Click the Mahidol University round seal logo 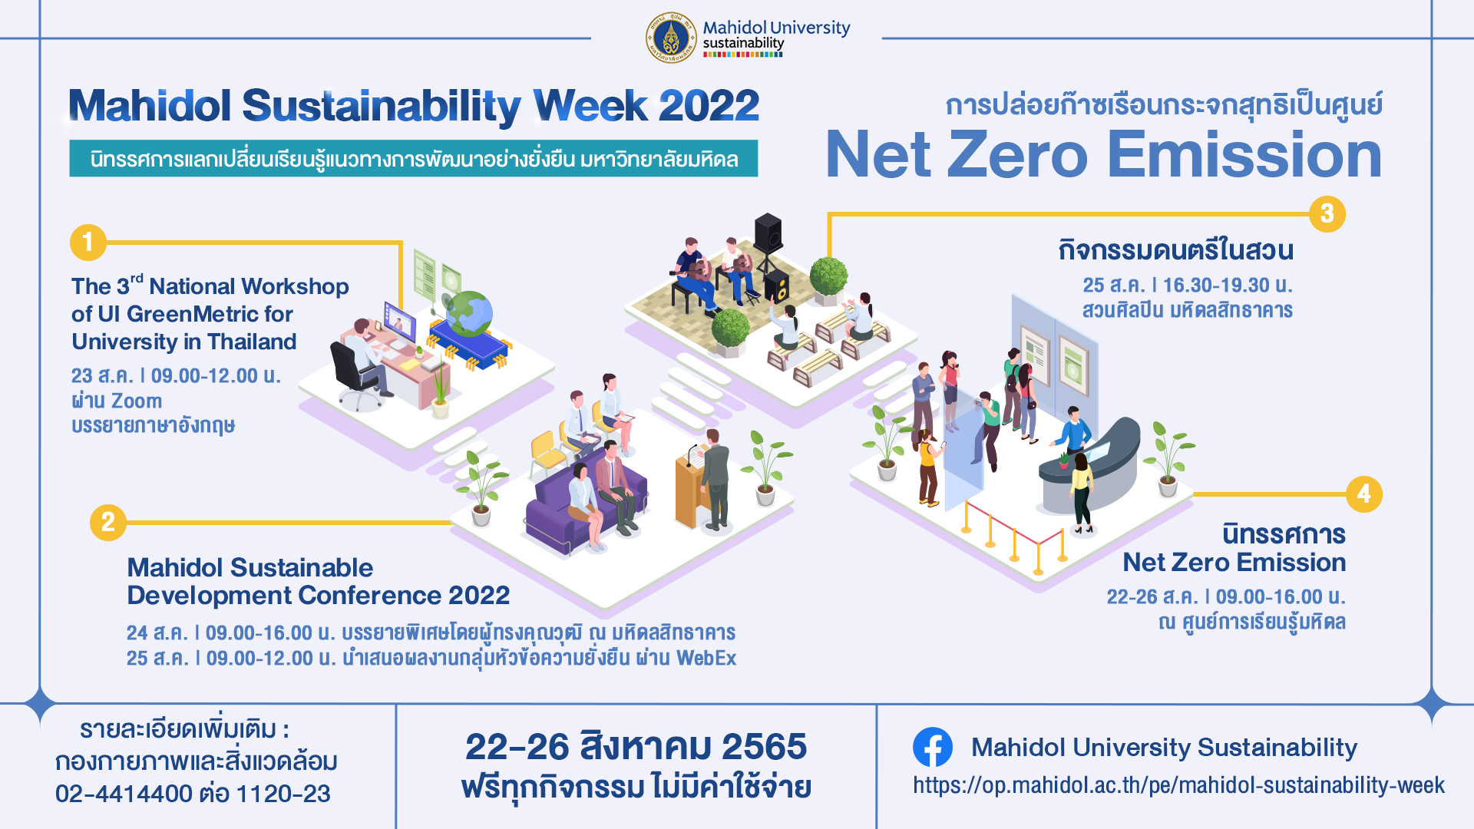(x=671, y=38)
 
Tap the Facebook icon (x=933, y=747)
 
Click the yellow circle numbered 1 (x=88, y=243)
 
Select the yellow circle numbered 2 (x=108, y=523)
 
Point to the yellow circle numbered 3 (x=1327, y=213)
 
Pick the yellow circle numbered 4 (x=1364, y=494)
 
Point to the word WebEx (x=706, y=659)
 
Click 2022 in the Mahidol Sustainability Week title (x=709, y=105)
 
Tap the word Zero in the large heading (x=1017, y=154)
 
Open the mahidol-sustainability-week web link (x=1178, y=785)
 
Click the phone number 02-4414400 (x=124, y=794)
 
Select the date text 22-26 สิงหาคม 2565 (x=636, y=746)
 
